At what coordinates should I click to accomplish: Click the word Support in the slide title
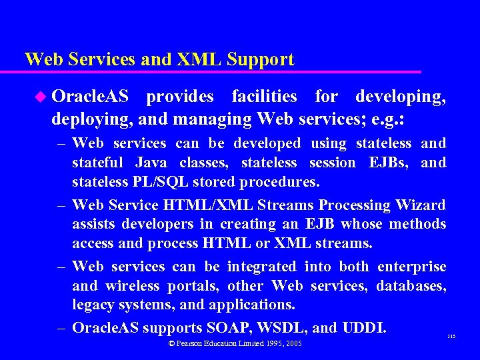(260, 59)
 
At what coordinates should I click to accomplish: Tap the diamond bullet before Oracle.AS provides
(41, 97)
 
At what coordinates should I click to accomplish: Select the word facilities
(264, 97)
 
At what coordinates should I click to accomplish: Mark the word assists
(96, 224)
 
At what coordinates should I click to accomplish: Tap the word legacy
(93, 305)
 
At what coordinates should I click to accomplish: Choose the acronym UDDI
(364, 328)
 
